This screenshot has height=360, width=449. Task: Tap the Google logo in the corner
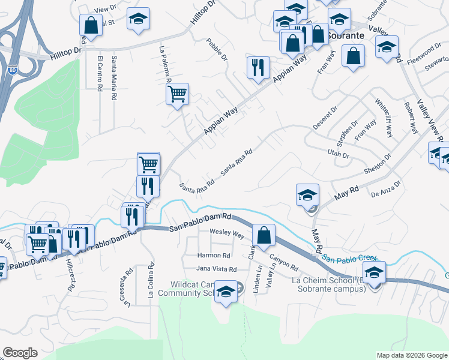point(20,353)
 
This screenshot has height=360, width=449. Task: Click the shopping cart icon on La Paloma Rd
point(177,94)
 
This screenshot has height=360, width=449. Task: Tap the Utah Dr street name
point(339,154)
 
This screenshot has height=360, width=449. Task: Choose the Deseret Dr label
point(325,118)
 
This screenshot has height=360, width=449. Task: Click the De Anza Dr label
point(385,190)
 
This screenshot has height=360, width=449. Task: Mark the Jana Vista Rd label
point(217,269)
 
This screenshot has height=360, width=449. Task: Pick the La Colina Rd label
point(151,280)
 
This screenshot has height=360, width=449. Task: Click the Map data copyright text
point(411,355)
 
